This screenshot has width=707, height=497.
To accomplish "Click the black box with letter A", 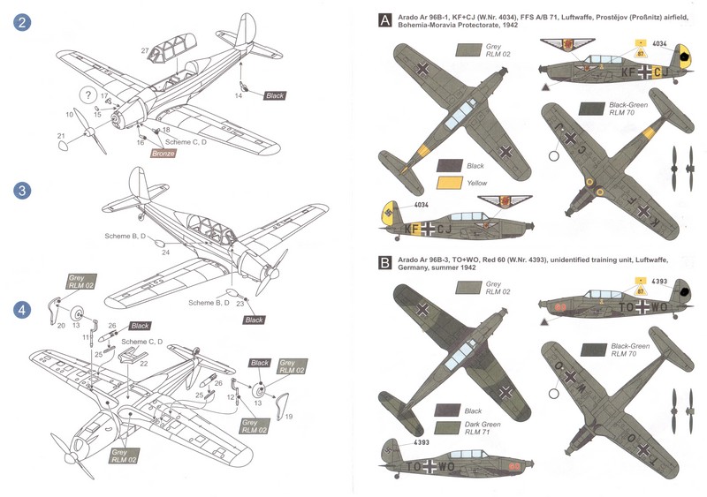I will tap(384, 20).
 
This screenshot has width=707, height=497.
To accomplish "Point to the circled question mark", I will tap(87, 95).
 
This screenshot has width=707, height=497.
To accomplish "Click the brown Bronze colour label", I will tap(163, 154).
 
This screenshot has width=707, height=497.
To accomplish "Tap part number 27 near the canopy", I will tap(144, 51).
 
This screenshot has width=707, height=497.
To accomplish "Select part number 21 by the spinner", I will tap(61, 135).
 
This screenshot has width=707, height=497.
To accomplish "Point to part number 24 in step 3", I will tap(165, 252).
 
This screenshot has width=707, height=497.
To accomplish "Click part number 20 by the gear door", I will tap(62, 326).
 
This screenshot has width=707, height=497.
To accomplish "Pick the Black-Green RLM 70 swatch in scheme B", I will tap(589, 350).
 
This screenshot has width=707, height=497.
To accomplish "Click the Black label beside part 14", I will tap(275, 94).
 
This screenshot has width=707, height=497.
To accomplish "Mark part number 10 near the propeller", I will tap(70, 114).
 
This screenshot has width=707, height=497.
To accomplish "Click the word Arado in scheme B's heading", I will tap(415, 261).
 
